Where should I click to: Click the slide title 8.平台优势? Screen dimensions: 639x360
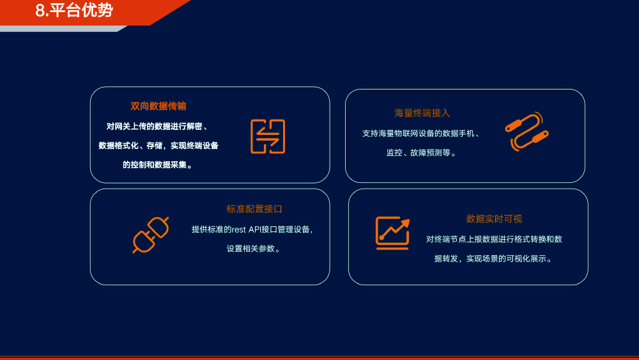click(73, 10)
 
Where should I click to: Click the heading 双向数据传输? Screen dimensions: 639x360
click(158, 106)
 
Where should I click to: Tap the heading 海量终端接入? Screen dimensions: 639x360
click(422, 113)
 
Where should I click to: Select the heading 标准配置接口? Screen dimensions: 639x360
click(254, 209)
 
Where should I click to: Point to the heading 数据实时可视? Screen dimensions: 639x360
click(494, 219)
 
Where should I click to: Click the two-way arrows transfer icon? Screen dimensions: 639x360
click(268, 137)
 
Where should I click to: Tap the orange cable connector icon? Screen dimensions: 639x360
click(527, 131)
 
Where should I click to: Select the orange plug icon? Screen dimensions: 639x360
click(151, 235)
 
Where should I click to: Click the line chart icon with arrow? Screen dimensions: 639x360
click(392, 233)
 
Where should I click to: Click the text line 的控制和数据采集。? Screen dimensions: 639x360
click(158, 165)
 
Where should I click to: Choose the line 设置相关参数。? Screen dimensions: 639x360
click(254, 249)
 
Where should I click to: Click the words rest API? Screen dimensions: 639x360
click(247, 230)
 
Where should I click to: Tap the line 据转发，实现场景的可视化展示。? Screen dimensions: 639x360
click(494, 258)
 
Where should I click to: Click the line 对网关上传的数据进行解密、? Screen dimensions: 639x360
click(158, 127)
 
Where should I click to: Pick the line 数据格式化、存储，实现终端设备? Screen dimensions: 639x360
click(158, 146)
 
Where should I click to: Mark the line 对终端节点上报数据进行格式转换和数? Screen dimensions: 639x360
click(494, 239)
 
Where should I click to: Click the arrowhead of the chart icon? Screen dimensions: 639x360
click(406, 223)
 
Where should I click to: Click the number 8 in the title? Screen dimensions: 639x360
click(40, 11)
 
